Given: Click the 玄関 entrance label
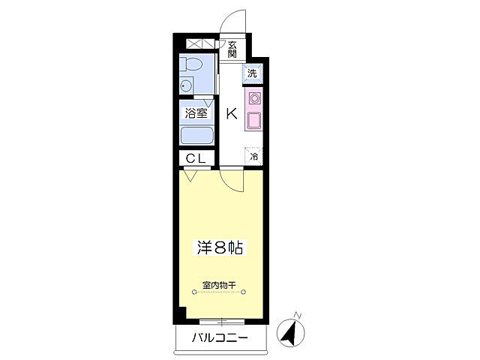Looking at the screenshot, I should [232, 49].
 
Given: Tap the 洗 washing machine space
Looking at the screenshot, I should [252, 73].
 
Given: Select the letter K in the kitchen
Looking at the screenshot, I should [231, 114].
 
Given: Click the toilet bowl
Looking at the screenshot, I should [191, 65].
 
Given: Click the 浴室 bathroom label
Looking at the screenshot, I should [196, 114].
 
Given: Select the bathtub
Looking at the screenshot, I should [197, 136].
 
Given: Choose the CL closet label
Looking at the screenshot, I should [196, 158].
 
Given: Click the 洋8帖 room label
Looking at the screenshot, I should [219, 247].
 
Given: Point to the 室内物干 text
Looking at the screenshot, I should [219, 286].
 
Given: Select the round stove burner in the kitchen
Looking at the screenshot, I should [253, 98].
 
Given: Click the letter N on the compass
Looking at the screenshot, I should [298, 314].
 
